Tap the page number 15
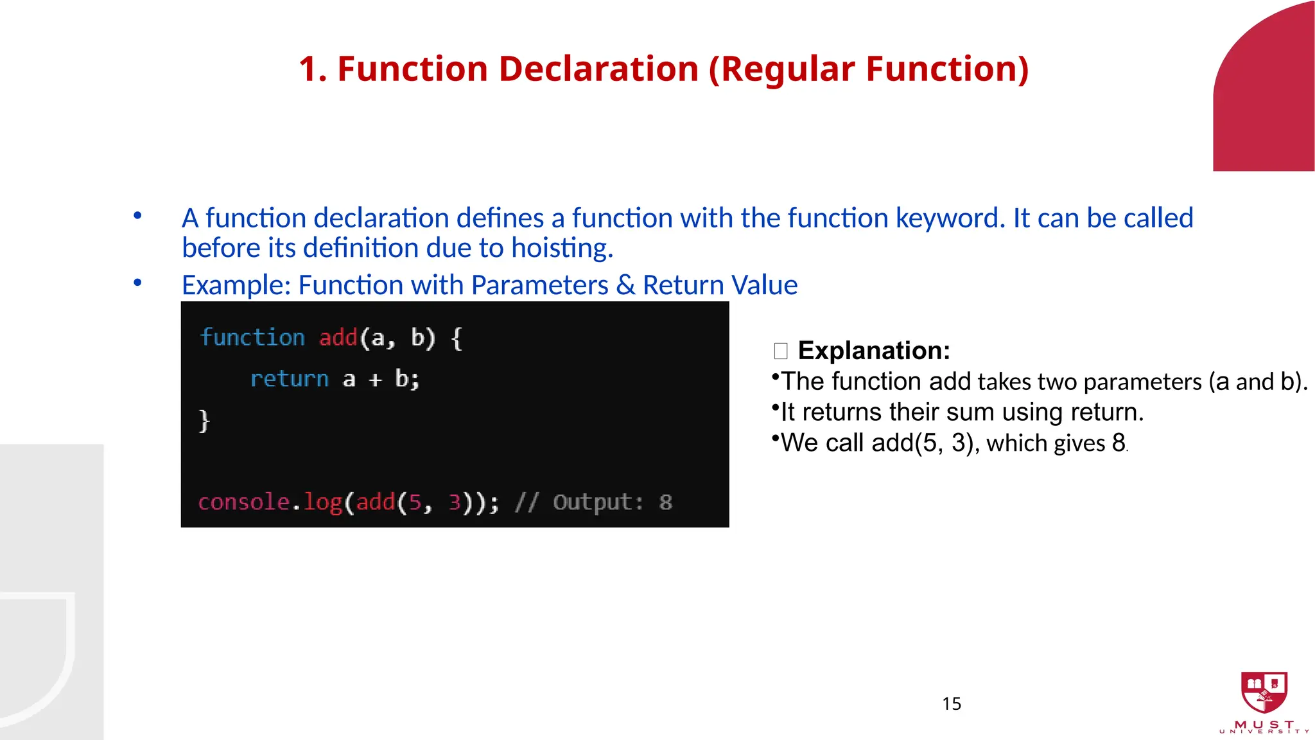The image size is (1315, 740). [x=951, y=704]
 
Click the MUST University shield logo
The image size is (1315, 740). [x=1264, y=692]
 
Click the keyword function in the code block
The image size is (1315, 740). [x=252, y=338]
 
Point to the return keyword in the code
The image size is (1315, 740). [x=289, y=379]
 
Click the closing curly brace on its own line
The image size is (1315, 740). [x=204, y=421]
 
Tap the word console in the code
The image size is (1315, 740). [x=243, y=502]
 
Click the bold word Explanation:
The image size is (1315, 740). [x=873, y=351]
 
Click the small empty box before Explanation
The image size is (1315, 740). [x=781, y=351]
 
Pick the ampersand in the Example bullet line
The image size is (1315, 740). [x=625, y=285]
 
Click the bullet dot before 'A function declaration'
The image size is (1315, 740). [x=137, y=216]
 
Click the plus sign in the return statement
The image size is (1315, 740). [x=376, y=380]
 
